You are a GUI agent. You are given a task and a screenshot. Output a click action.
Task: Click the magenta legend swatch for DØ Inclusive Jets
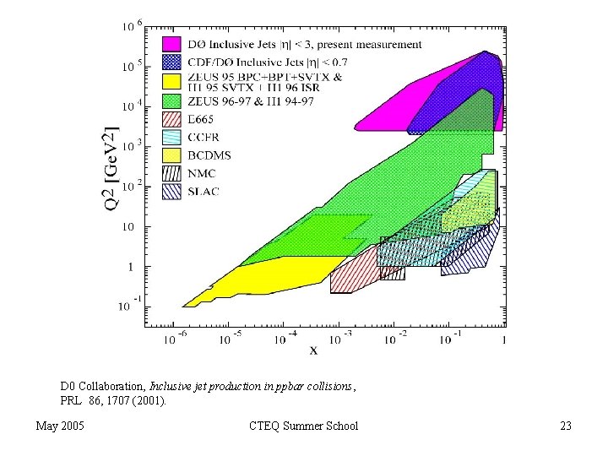point(172,43)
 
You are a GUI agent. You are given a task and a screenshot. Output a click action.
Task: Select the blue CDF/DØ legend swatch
point(172,61)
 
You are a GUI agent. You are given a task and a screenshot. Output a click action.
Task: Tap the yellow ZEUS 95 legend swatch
point(172,81)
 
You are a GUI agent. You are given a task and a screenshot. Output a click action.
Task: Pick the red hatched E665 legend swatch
point(172,118)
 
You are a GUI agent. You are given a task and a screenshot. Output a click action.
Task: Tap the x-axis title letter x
point(314,350)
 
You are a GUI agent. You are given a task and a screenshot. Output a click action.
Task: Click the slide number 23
point(565,426)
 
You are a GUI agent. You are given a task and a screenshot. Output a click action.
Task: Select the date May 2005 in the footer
point(60,426)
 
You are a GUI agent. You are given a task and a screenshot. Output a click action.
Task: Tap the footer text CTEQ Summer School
point(304,426)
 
